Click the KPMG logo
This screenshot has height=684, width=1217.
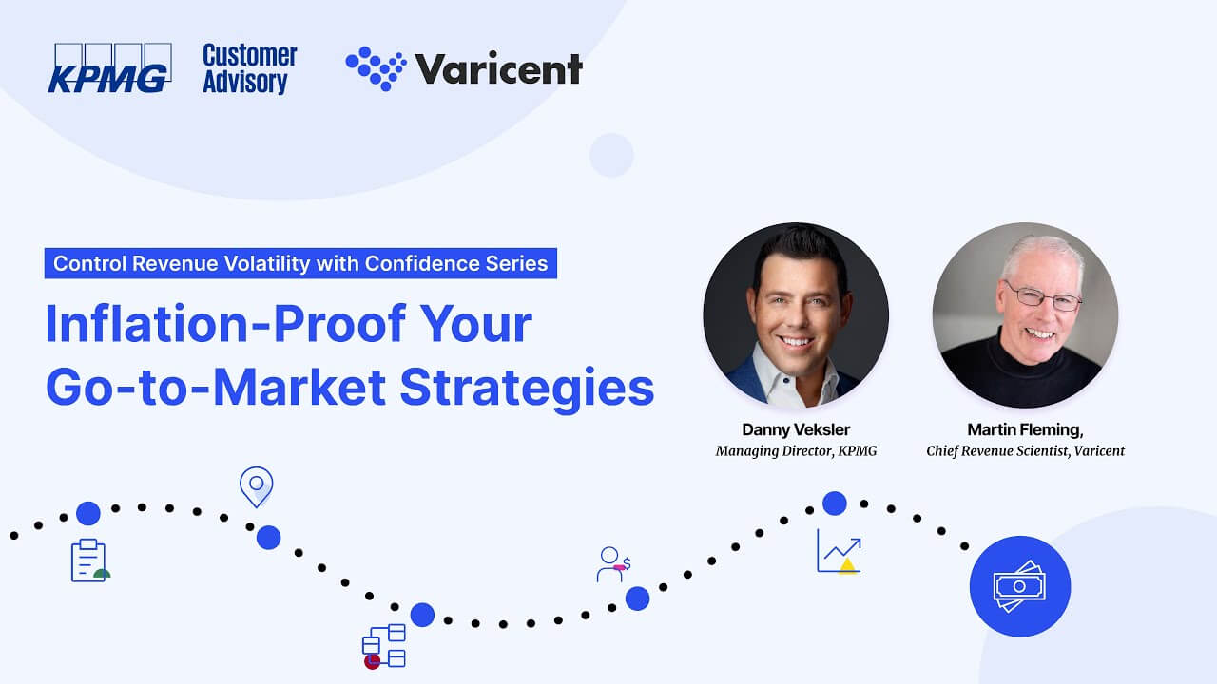109,68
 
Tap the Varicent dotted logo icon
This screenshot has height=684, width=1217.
376,68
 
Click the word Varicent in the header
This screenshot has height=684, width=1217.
498,69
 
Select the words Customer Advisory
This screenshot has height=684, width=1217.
249,68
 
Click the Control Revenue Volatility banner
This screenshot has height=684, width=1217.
300,263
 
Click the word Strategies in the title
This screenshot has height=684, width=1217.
526,388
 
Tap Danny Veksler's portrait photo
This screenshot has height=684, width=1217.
796,315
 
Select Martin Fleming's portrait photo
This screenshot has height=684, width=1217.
1025,315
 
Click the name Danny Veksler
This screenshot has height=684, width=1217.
796,429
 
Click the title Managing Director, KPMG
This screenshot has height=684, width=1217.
796,451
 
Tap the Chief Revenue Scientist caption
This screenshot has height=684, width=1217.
1025,451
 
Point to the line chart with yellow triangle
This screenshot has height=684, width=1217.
839,551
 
